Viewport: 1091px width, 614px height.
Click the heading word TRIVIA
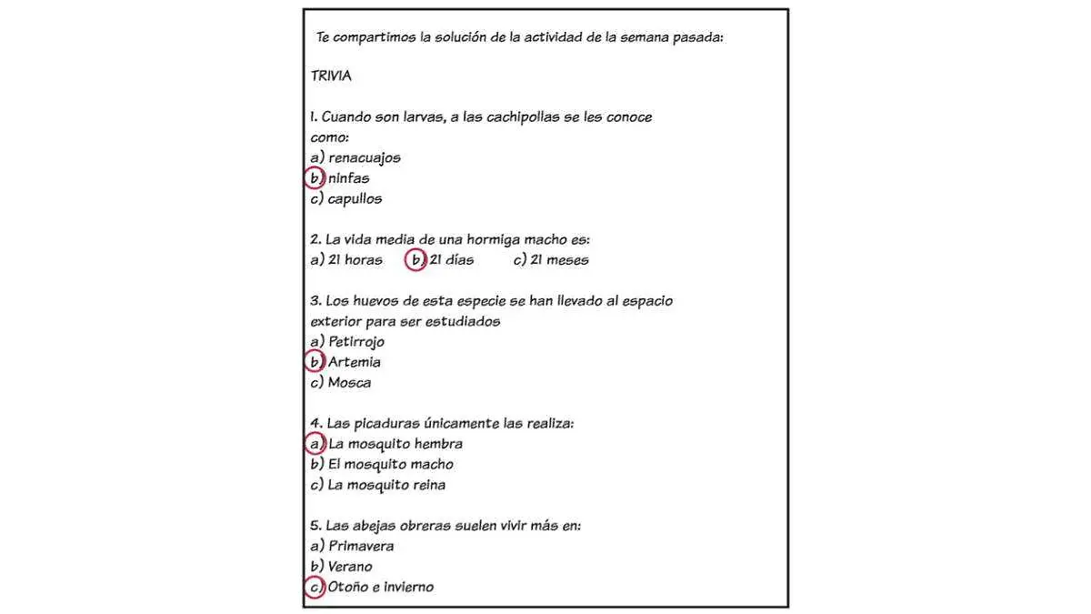[x=331, y=76]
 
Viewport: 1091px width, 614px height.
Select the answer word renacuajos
[x=365, y=158]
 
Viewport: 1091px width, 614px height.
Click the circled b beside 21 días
[x=415, y=260]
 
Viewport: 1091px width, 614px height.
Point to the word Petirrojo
[x=356, y=342]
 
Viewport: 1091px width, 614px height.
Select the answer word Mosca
[x=350, y=383]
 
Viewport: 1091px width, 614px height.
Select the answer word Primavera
[x=361, y=547]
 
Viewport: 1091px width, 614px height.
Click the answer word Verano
[x=350, y=567]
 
